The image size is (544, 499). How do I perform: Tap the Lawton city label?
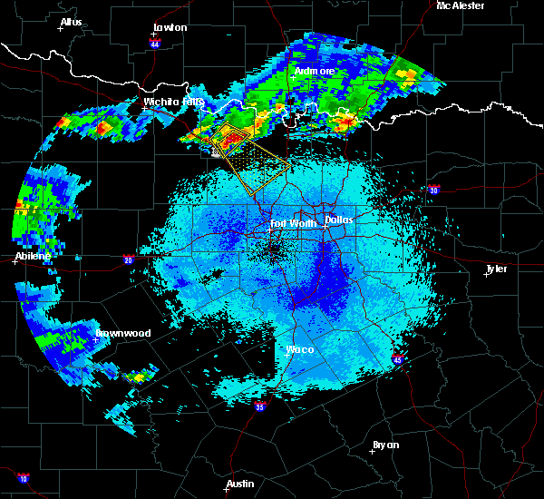170,27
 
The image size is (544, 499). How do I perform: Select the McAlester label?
460,5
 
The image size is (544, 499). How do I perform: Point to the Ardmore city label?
315,71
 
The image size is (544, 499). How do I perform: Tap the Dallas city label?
339,220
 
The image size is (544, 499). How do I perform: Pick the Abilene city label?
33,256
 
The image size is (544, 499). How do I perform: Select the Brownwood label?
124,333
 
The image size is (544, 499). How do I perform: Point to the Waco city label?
301,349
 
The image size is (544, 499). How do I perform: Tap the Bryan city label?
385,445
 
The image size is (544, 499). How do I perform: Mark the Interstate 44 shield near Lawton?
155,43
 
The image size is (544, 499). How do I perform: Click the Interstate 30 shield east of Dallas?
433,191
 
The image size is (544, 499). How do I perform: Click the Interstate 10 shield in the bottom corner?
23,478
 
